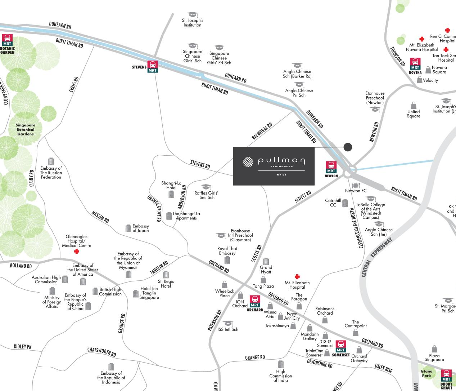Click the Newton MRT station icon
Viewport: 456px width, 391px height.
click(331, 167)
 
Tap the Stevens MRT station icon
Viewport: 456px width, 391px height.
click(153, 66)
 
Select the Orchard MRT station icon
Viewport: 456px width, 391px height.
click(255, 302)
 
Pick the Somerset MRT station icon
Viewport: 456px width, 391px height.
click(340, 346)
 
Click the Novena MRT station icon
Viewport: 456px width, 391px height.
click(415, 64)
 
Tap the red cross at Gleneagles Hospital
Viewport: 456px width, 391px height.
click(76, 252)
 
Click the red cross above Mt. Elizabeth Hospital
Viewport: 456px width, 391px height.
click(297, 277)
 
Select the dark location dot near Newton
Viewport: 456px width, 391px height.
click(348, 147)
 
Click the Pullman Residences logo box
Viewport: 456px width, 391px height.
click(274, 166)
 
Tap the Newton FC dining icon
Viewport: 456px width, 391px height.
click(355, 185)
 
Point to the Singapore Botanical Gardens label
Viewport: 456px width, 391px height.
click(25, 130)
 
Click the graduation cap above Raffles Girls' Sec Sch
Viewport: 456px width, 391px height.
click(206, 187)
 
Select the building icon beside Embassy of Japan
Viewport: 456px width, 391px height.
click(128, 228)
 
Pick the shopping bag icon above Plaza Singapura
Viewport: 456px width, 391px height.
click(434, 349)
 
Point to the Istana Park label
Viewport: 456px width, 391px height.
click(426, 373)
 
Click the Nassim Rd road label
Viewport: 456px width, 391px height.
click(100, 216)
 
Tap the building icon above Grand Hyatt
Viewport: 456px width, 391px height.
click(266, 261)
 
